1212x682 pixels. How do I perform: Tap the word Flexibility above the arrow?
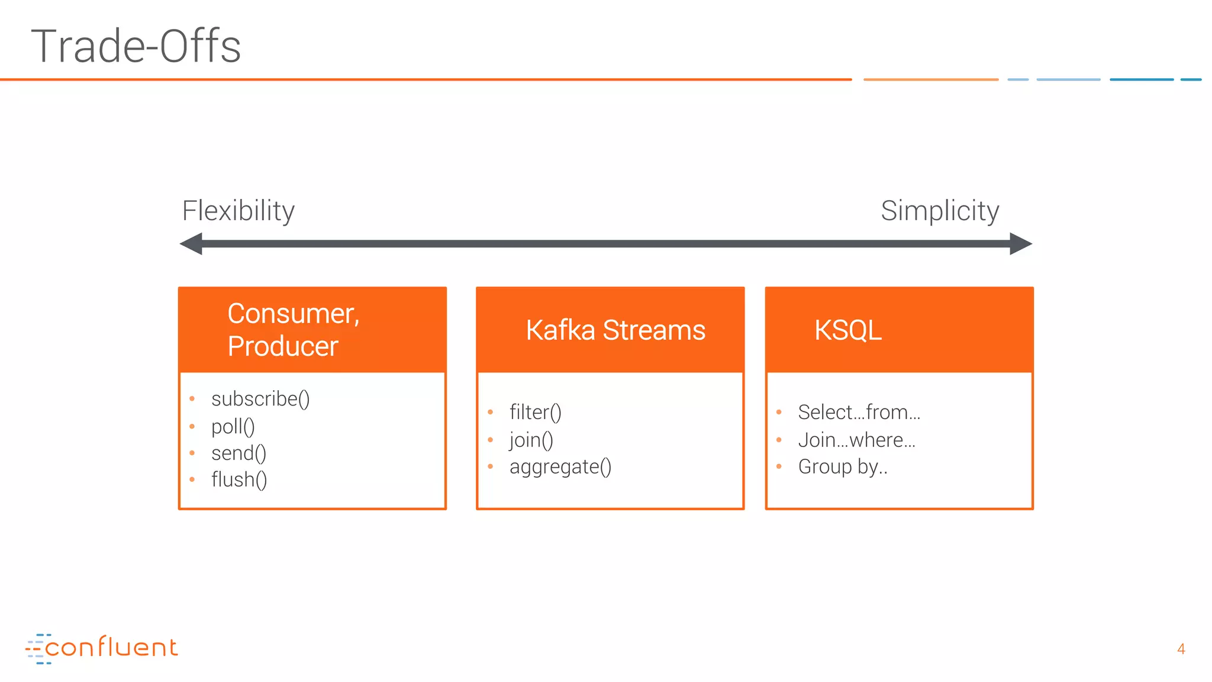click(238, 211)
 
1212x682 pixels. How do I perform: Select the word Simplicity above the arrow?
click(939, 211)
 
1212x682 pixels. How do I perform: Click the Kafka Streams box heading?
click(615, 330)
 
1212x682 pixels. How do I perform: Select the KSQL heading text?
click(847, 330)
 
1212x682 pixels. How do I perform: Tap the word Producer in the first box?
click(283, 346)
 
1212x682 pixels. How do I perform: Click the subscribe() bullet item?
click(260, 399)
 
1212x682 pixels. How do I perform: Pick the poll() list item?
click(233, 426)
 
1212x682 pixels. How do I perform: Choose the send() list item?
click(238, 453)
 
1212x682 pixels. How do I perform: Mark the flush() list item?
click(239, 480)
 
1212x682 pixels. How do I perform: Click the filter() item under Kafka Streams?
click(535, 412)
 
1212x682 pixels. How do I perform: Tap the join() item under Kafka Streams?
click(531, 440)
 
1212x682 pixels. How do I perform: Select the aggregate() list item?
click(560, 467)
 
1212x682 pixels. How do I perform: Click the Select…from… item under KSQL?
click(859, 412)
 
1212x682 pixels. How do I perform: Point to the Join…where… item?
click(856, 440)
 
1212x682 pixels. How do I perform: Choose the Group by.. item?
click(842, 467)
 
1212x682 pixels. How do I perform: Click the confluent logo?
click(101, 648)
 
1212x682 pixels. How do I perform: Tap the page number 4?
click(1181, 649)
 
